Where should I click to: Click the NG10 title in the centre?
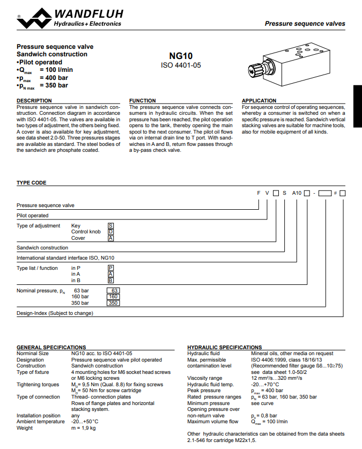[181, 56]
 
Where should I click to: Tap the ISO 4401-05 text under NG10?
[181, 65]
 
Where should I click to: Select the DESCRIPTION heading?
[34, 101]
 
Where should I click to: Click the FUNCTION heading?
[143, 101]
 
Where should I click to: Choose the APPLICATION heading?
[259, 101]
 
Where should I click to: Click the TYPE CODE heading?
[32, 183]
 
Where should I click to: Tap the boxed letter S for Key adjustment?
[111, 226]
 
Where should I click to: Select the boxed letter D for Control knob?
[111, 232]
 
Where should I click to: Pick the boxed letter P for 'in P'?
[111, 268]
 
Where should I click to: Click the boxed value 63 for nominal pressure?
[113, 291]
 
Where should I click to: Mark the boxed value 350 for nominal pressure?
[113, 303]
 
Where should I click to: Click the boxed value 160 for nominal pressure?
[113, 297]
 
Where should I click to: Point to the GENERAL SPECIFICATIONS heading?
[51, 348]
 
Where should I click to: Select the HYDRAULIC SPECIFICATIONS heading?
[225, 348]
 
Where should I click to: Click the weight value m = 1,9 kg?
[84, 428]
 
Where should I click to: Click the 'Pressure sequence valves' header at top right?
[305, 24]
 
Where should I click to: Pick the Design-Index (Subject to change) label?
[55, 313]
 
